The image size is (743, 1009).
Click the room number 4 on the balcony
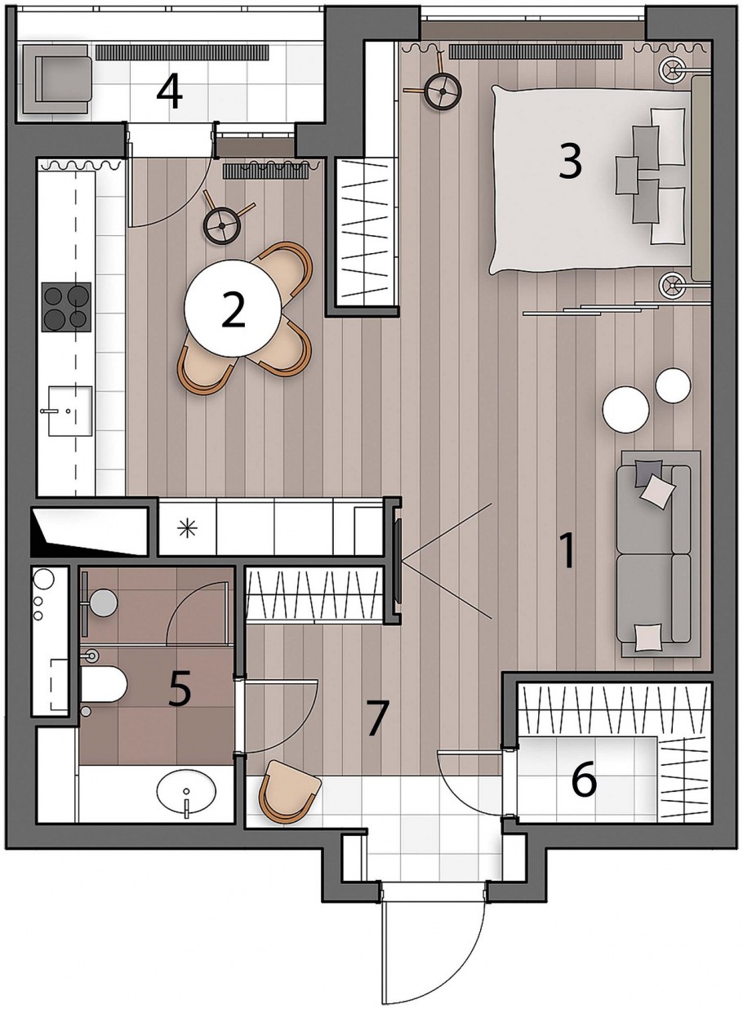170,95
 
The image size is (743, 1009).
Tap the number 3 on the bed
570,162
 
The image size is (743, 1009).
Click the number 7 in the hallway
377,718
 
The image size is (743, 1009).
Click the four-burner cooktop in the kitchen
66,307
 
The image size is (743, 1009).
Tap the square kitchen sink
70,411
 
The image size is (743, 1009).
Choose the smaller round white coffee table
673,385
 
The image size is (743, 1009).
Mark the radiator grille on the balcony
182,52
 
